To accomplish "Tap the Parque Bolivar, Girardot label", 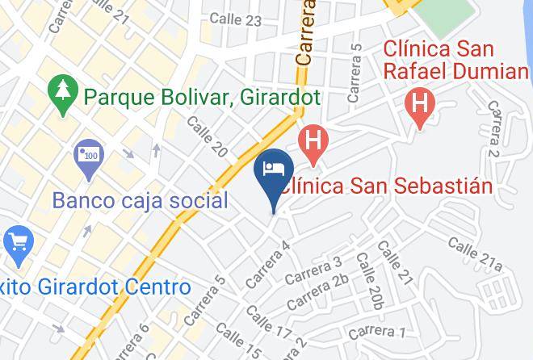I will click(203, 98).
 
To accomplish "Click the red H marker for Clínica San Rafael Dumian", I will click(420, 104).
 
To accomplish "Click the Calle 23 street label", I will click(235, 19).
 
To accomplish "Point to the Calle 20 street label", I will click(207, 135).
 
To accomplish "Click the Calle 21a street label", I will click(476, 253).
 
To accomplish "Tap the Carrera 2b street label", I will click(317, 292).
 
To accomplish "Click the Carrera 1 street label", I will click(377, 331).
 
